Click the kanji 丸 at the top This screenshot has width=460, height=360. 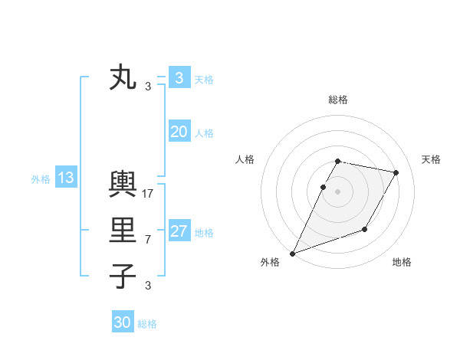(x=123, y=78)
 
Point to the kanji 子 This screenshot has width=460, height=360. (x=123, y=276)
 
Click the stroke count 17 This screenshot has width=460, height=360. (x=149, y=194)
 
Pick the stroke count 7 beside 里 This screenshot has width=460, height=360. (x=148, y=240)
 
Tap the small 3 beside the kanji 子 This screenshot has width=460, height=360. (x=148, y=286)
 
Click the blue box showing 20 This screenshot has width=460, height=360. (x=179, y=132)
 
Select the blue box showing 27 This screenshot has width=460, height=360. (x=179, y=231)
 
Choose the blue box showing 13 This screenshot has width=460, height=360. (x=65, y=178)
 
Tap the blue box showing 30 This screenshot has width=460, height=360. (x=122, y=322)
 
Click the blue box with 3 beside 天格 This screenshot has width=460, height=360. (x=179, y=78)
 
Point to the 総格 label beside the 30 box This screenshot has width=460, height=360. (x=147, y=324)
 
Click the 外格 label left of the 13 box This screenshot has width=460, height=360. (x=41, y=179)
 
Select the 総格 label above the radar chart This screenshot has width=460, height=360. (x=337, y=100)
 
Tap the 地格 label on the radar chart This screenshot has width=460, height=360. (x=402, y=263)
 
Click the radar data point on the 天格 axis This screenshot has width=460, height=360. (x=396, y=172)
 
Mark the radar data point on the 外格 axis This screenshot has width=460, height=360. (x=292, y=254)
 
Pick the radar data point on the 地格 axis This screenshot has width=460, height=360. (x=365, y=229)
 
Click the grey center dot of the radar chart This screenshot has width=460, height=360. (x=337, y=191)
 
